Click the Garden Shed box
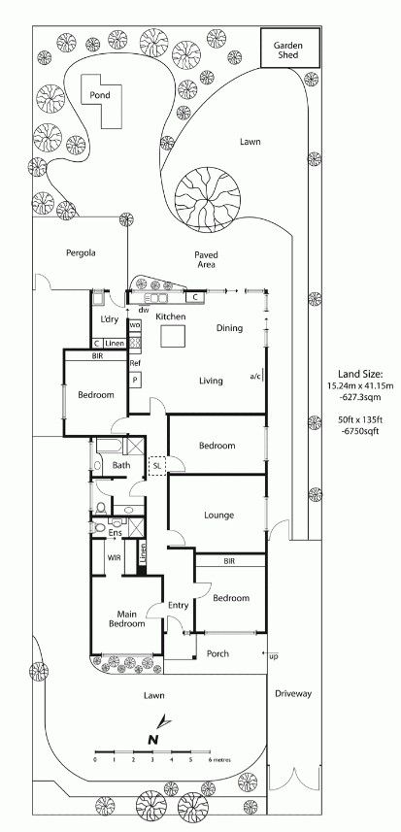click(290, 48)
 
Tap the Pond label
click(100, 95)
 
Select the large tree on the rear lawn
click(208, 200)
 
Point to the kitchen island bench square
click(174, 336)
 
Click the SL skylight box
click(157, 465)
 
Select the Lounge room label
click(220, 516)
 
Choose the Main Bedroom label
click(127, 619)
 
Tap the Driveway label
click(293, 693)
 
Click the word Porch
click(217, 653)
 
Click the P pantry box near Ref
click(135, 380)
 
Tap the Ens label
click(116, 532)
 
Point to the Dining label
click(229, 328)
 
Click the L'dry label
click(109, 319)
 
